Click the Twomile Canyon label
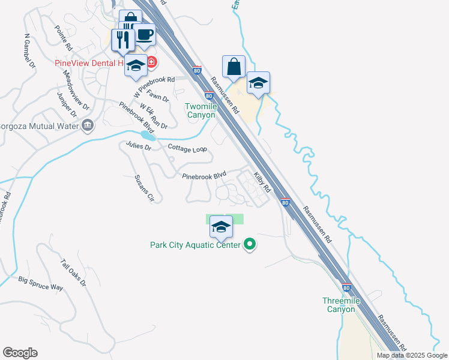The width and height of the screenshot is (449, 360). point(200,110)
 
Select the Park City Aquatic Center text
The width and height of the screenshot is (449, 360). point(195,245)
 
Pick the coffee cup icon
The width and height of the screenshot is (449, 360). point(144,35)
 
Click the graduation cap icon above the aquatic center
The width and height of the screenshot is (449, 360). point(221,227)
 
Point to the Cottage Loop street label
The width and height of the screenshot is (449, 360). point(187,148)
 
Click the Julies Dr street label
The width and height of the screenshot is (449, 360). point(138,146)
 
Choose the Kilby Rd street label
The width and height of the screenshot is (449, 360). point(263,182)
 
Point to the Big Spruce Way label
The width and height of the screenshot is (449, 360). point(40,283)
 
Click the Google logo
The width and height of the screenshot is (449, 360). point(20,353)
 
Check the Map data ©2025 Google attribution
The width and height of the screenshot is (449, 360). point(412,355)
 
